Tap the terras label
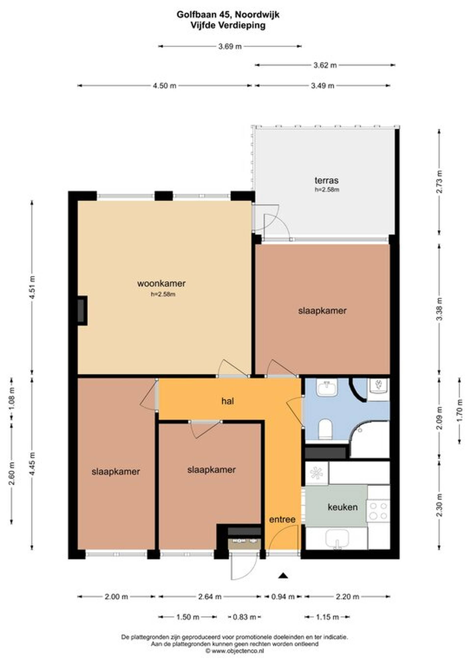[x=327, y=181]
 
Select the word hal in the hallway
[x=228, y=401]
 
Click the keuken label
[x=342, y=507]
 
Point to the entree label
[x=282, y=519]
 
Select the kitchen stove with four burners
[x=378, y=511]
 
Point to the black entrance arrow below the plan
[x=283, y=576]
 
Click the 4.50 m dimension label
[x=164, y=86]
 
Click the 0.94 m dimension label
[x=283, y=597]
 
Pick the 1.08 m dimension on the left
[x=12, y=399]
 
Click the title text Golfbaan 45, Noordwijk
[x=228, y=14]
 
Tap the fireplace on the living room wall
[x=82, y=311]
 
